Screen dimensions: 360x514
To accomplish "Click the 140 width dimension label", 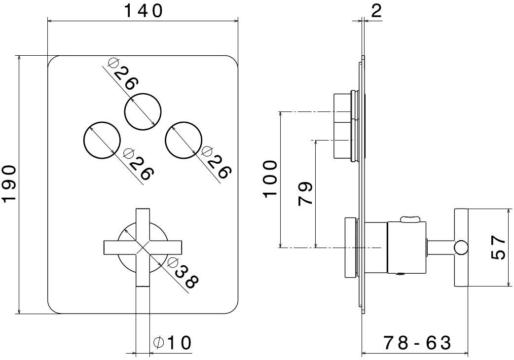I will (x=143, y=11).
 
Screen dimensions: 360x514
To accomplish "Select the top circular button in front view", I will (x=143, y=111).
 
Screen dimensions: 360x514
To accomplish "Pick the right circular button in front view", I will (x=184, y=140).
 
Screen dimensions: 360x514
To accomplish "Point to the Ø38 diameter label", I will (x=183, y=273).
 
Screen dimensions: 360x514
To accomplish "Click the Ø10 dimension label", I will (x=172, y=343).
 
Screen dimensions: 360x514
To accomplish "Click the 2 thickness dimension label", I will (x=376, y=11).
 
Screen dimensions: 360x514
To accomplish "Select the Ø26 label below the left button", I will (x=139, y=164).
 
